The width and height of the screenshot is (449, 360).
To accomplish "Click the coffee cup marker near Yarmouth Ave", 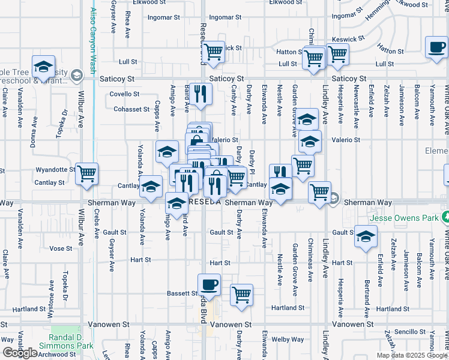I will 436,47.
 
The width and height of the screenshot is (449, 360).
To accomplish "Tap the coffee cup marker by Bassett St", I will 209,284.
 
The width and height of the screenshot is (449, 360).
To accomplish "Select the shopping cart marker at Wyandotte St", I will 87,173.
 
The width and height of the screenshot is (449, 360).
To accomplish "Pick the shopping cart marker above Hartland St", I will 241,295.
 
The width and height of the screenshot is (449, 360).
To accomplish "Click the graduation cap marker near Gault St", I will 365,236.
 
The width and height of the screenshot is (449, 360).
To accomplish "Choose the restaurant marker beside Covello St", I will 200,93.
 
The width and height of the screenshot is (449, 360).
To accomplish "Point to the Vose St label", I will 61,248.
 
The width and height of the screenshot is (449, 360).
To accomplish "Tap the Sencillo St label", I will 410,332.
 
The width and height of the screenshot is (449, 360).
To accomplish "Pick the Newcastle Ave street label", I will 357,107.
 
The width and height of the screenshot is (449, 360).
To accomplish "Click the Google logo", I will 20,353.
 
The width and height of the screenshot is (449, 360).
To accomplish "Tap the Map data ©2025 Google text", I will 411,355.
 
